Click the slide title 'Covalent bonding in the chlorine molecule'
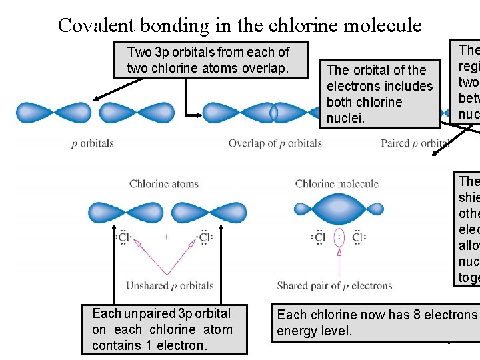pyautogui.click(x=239, y=25)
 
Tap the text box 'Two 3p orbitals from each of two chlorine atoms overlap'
pyautogui.click(x=208, y=60)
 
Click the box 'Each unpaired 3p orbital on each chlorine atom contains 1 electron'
pyautogui.click(x=163, y=329)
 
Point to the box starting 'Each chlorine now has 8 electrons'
pyautogui.click(x=377, y=323)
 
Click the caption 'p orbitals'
pyautogui.click(x=93, y=143)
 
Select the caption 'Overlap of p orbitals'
pyautogui.click(x=275, y=143)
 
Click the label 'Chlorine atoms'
pyautogui.click(x=164, y=184)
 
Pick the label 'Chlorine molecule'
pyautogui.click(x=337, y=184)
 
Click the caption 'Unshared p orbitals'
pyautogui.click(x=170, y=286)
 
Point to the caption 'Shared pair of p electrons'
pyautogui.click(x=334, y=286)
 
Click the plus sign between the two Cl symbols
pyautogui.click(x=166, y=237)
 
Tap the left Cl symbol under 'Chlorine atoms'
pyautogui.click(x=124, y=237)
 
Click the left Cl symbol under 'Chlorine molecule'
pyautogui.click(x=319, y=237)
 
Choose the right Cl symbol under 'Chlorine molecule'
pyautogui.click(x=358, y=237)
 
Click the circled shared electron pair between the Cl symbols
pyautogui.click(x=339, y=237)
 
